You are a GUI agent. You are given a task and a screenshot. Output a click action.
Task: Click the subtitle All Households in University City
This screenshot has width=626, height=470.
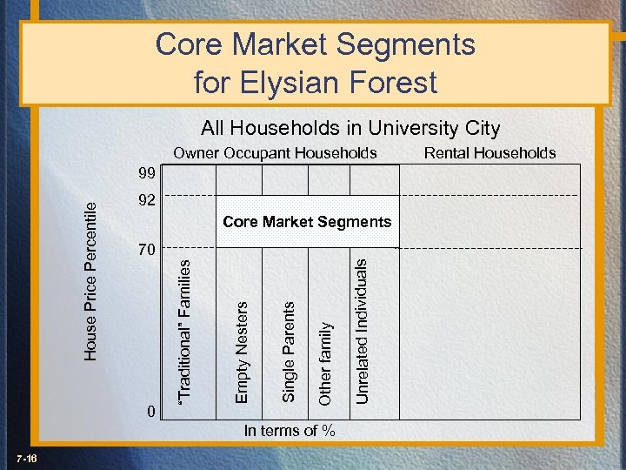click(x=350, y=128)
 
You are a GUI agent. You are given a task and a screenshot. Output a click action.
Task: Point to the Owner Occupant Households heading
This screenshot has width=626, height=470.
click(x=275, y=153)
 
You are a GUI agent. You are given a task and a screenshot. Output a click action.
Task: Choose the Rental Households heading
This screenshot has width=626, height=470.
click(x=489, y=153)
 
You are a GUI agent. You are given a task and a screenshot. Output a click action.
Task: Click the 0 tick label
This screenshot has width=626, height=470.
click(x=152, y=412)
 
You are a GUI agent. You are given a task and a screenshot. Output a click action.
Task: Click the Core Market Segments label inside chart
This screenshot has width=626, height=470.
click(x=307, y=222)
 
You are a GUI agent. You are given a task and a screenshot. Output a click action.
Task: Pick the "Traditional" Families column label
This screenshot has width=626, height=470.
click(x=185, y=332)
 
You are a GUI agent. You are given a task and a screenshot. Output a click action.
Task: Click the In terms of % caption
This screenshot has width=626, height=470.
click(x=290, y=430)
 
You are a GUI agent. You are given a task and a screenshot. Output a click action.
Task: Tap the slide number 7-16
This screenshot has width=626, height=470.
click(x=25, y=459)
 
